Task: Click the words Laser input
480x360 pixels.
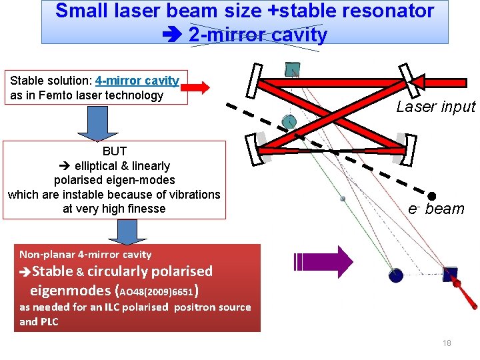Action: coord(436,107)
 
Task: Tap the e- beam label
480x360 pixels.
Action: coord(436,209)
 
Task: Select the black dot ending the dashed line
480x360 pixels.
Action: coord(431,196)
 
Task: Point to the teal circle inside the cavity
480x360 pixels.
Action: coord(289,121)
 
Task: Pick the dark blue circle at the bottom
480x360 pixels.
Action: coord(395,275)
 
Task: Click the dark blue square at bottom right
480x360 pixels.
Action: coord(451,275)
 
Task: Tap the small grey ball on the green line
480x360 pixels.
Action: coord(343,198)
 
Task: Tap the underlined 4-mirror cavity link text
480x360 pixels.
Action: coord(137,81)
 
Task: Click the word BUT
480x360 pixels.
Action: coord(114,151)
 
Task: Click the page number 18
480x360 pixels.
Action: coord(447,343)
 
